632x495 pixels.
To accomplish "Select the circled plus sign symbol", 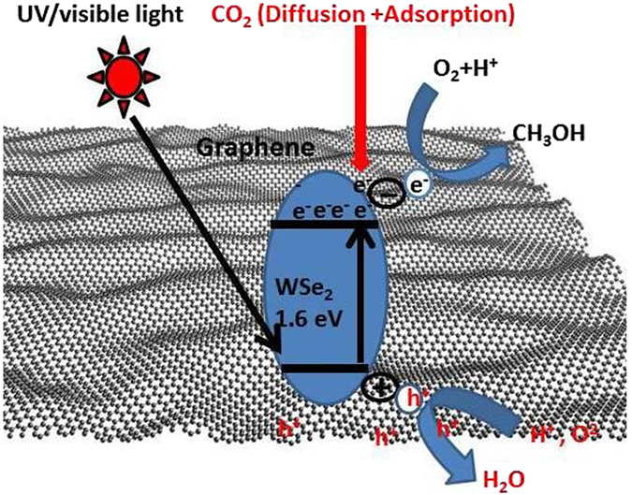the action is (x=382, y=385).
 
